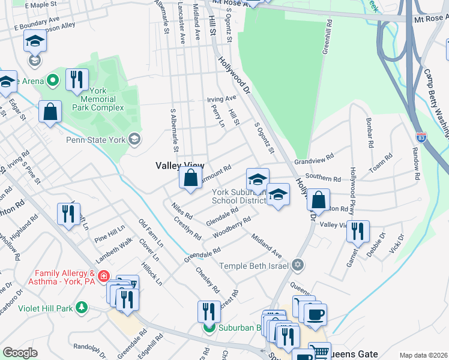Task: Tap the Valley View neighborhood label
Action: tap(180, 166)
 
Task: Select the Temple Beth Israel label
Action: tap(255, 265)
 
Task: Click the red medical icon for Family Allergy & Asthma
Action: tap(104, 277)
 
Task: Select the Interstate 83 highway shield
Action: tap(421, 137)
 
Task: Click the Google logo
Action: tap(20, 353)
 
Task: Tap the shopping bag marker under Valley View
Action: tap(190, 178)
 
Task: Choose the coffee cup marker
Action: tap(315, 314)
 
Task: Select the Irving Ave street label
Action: tap(221, 99)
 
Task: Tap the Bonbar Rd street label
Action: tap(369, 133)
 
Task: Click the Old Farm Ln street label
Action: tap(150, 233)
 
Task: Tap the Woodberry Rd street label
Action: tap(231, 229)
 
